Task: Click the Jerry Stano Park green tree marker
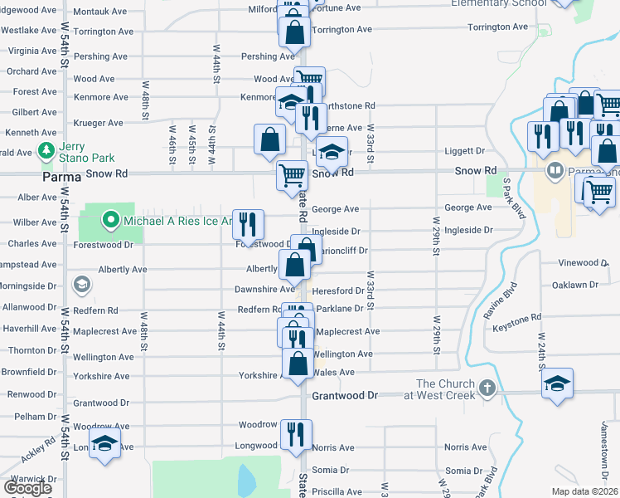tap(45, 151)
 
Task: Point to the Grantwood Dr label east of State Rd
tap(344, 396)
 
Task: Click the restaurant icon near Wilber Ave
tap(248, 223)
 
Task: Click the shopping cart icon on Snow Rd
tap(293, 175)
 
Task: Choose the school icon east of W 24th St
tap(556, 384)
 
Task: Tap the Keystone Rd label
tap(516, 328)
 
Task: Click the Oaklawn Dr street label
tap(575, 285)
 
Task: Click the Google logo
tap(27, 488)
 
